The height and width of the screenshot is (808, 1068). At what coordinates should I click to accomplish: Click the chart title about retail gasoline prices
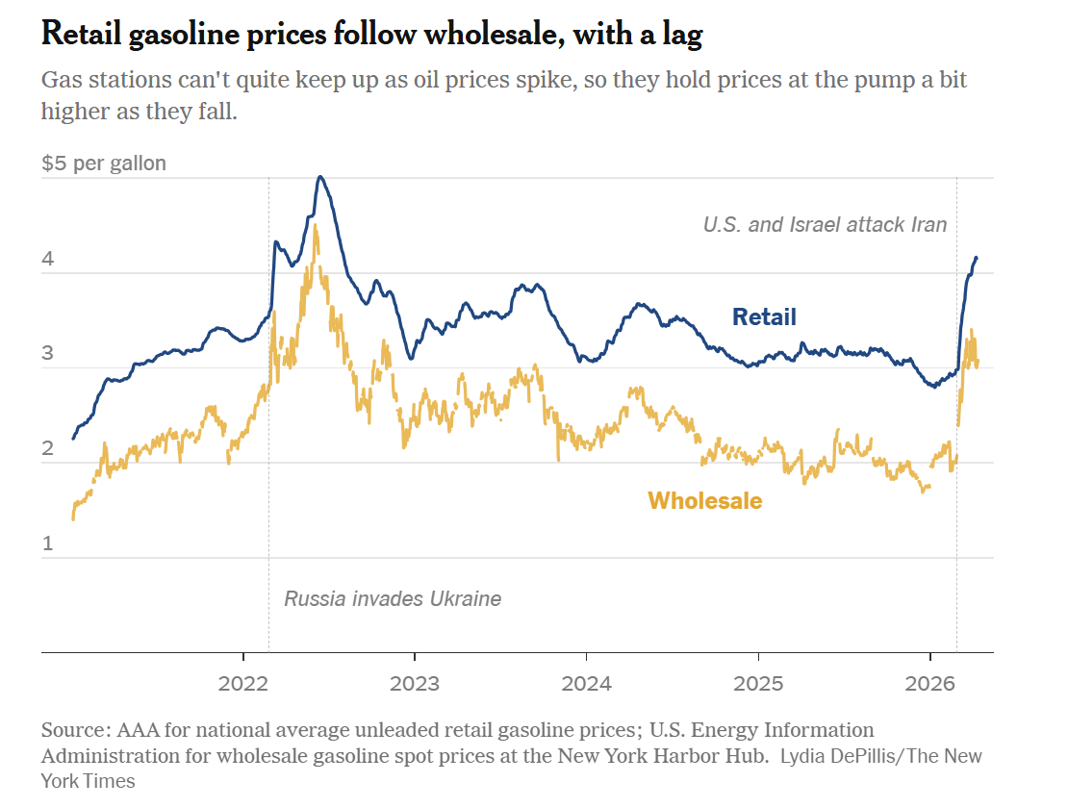[x=371, y=36]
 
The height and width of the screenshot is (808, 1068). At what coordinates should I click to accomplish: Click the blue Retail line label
[x=764, y=316]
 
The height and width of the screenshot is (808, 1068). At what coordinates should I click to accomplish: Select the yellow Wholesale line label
[x=704, y=500]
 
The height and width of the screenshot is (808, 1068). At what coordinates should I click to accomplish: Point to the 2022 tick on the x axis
[x=243, y=684]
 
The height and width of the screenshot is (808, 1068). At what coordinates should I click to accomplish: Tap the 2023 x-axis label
[x=414, y=684]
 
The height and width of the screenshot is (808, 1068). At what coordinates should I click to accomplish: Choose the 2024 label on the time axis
[x=586, y=684]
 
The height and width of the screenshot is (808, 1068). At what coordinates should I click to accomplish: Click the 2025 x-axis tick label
[x=758, y=684]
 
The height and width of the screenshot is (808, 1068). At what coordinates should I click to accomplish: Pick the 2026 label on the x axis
[x=930, y=684]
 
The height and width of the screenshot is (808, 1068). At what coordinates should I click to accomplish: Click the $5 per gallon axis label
[x=104, y=163]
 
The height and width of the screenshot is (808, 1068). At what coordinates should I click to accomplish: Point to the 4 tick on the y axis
[x=47, y=260]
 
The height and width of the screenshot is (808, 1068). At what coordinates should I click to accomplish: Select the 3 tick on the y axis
[x=47, y=354]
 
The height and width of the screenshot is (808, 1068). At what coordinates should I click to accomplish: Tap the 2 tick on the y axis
[x=47, y=449]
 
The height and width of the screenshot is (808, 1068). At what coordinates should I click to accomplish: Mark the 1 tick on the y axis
[x=47, y=543]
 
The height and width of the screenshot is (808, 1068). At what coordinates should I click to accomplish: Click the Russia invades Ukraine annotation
[x=393, y=598]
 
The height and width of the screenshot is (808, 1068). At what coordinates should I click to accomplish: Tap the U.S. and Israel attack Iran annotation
[x=825, y=225]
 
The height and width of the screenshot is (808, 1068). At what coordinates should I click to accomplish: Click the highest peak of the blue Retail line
[x=320, y=177]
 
